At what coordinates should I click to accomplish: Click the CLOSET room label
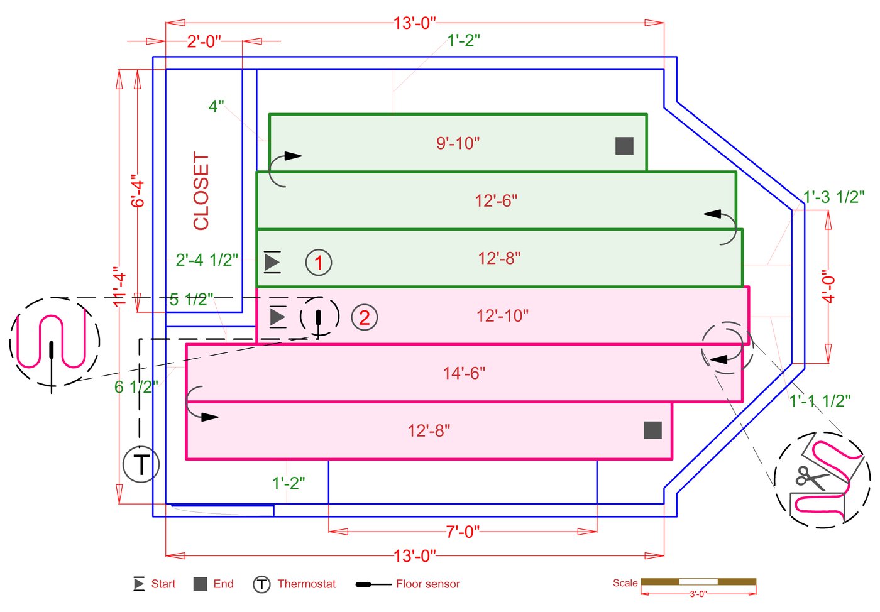pyautogui.click(x=201, y=191)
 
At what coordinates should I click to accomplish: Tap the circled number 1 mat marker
pyautogui.click(x=319, y=263)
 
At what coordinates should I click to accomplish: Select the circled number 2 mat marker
pyautogui.click(x=364, y=317)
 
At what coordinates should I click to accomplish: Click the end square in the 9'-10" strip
pyautogui.click(x=624, y=146)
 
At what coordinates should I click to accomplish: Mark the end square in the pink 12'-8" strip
pyautogui.click(x=652, y=430)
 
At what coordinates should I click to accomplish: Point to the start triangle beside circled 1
pyautogui.click(x=272, y=262)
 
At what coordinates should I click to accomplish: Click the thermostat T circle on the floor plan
pyautogui.click(x=141, y=464)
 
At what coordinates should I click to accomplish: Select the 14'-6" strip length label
pyautogui.click(x=464, y=373)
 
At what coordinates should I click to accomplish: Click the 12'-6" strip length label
pyautogui.click(x=496, y=200)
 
